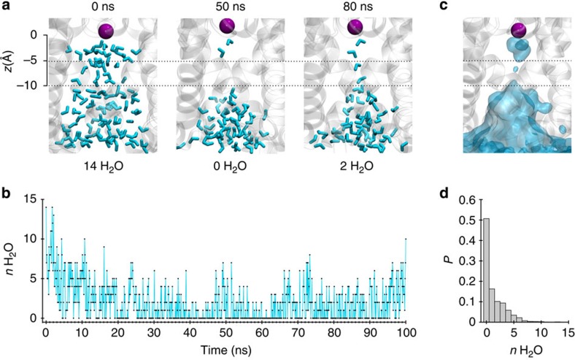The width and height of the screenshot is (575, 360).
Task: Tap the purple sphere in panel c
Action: tap(520, 31)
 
